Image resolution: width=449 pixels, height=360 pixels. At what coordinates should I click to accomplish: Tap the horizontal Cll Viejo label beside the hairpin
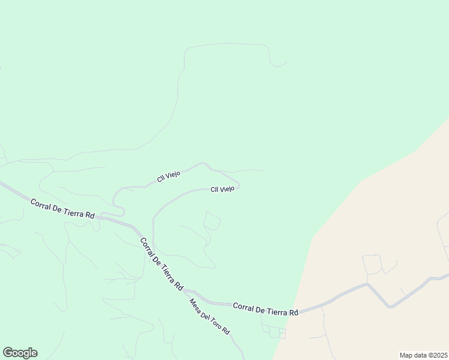[222, 189]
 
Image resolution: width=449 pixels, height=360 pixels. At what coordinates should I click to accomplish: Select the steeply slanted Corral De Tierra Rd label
[161, 264]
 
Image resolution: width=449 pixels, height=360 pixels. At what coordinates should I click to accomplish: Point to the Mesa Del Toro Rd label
[209, 317]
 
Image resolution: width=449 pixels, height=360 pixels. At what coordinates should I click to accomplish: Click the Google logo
[20, 353]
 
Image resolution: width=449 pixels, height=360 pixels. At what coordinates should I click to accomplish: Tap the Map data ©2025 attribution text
[423, 355]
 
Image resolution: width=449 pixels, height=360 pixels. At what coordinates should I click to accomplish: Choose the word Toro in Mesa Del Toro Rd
[214, 322]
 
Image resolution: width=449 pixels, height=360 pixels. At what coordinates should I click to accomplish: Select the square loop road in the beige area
[372, 264]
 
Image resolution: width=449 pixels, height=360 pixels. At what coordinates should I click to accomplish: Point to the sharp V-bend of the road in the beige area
[391, 307]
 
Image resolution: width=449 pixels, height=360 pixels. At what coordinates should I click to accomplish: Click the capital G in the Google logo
[8, 352]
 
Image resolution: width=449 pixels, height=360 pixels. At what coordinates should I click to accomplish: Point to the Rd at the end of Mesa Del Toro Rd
[226, 331]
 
